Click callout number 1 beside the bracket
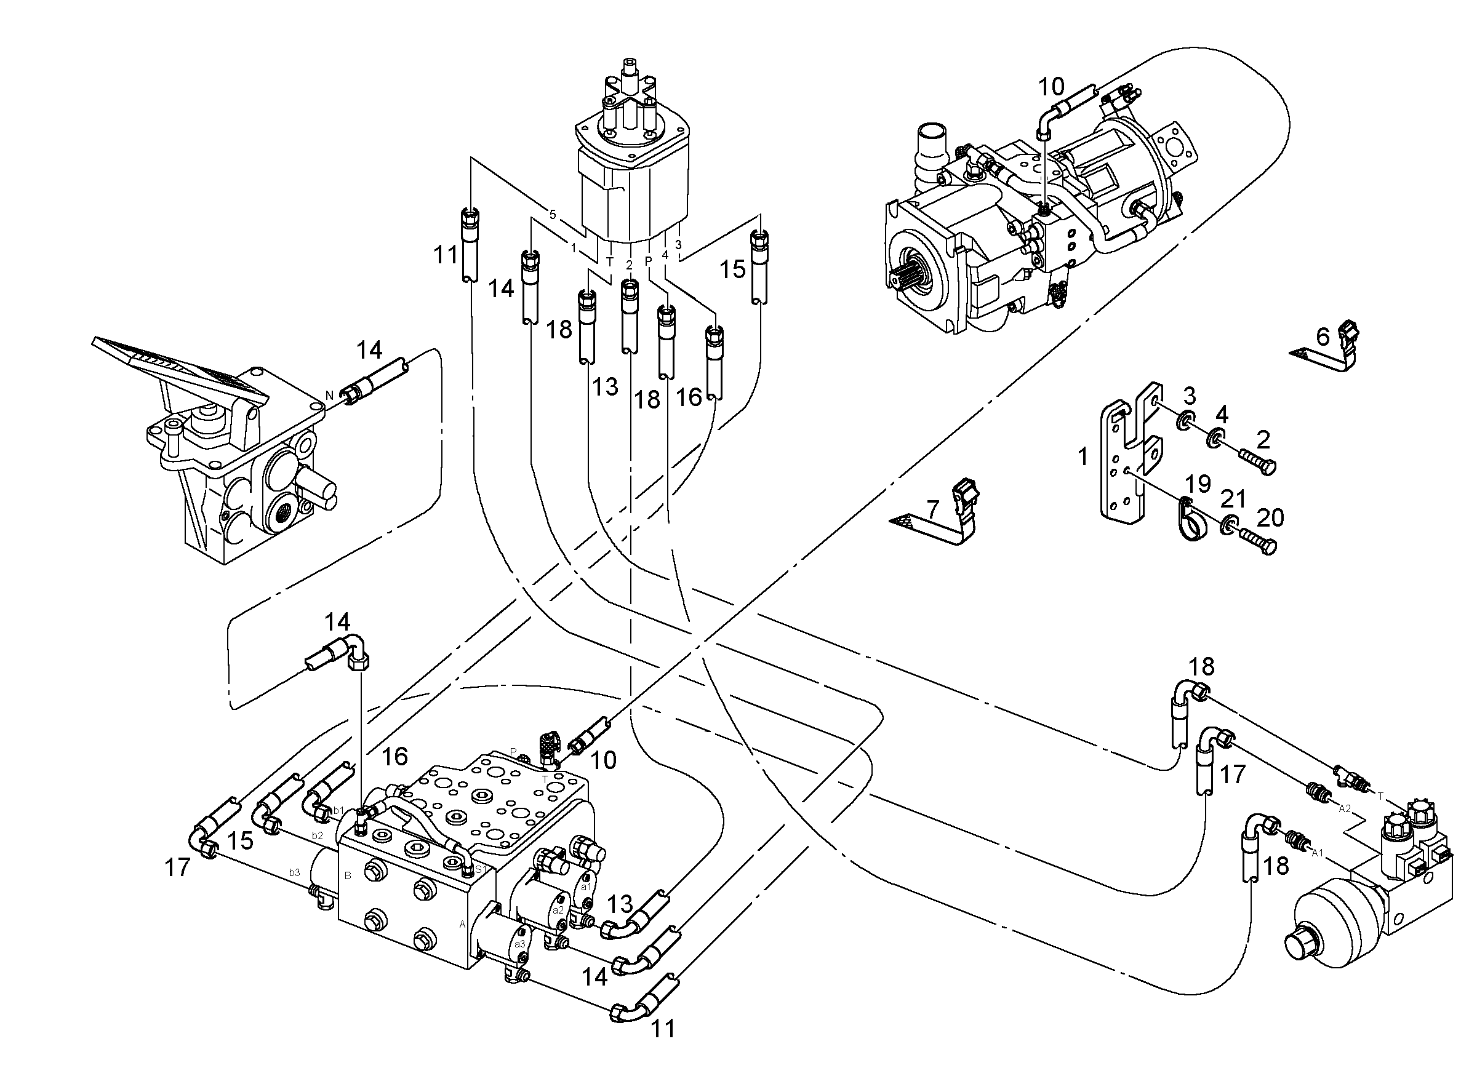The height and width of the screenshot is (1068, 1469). [x=1083, y=456]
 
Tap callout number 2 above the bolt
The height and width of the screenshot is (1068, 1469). [x=1262, y=440]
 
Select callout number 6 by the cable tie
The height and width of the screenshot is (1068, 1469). [x=1323, y=337]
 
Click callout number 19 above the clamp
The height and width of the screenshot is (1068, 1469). [x=1198, y=484]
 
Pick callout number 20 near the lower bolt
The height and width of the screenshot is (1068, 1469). [x=1270, y=517]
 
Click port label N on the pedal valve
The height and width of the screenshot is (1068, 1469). [x=329, y=395]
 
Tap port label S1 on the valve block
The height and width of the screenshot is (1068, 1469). [x=481, y=869]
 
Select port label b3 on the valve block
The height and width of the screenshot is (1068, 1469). [x=295, y=872]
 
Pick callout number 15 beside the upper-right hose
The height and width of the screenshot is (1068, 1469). [x=733, y=269]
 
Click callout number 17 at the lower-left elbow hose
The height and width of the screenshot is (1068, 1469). [x=177, y=867]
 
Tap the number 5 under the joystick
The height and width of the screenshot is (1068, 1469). [x=553, y=214]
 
